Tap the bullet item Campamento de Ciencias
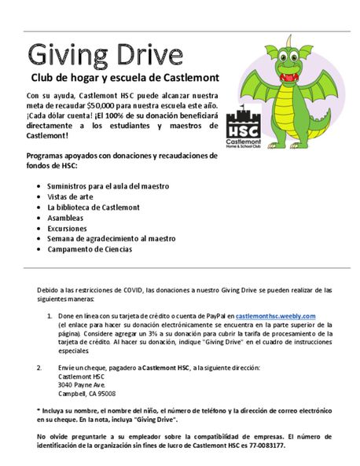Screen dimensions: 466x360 (x=90, y=249)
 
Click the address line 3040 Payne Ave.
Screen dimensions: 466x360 (x=82, y=384)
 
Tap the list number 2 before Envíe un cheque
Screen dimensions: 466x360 (x=39, y=367)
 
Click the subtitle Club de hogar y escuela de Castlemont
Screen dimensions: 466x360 (x=124, y=79)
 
